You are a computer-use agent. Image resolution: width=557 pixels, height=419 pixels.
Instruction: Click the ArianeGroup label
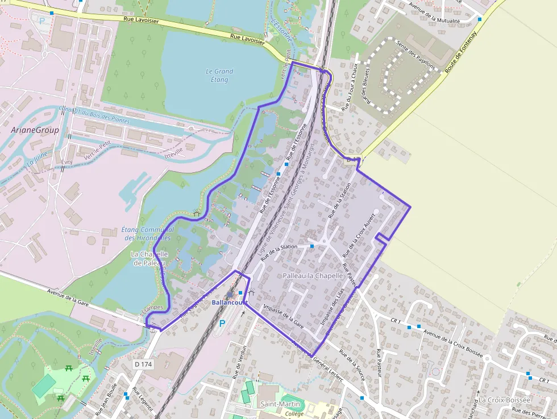pos(35,130)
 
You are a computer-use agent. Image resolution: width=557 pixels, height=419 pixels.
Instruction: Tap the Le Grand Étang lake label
pos(219,76)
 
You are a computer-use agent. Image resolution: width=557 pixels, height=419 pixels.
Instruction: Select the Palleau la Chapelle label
pos(313,276)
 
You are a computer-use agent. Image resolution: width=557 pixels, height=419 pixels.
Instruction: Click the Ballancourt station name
pos(227,302)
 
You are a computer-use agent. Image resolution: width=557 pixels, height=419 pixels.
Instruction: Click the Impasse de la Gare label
pos(282,317)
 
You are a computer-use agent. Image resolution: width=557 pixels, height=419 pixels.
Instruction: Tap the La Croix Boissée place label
pos(504,400)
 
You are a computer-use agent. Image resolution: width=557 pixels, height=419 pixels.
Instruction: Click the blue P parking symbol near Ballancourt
pos(222,323)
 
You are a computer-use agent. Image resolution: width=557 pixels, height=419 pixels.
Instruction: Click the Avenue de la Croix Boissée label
pos(452,343)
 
